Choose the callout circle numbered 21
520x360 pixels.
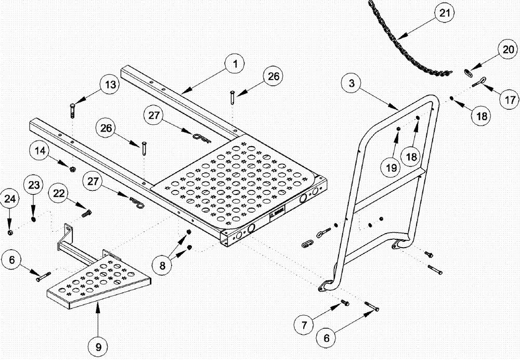(x=444, y=12)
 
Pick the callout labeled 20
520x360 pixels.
(x=508, y=50)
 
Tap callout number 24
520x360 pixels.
(x=10, y=198)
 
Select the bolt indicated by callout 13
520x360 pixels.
(x=72, y=110)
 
